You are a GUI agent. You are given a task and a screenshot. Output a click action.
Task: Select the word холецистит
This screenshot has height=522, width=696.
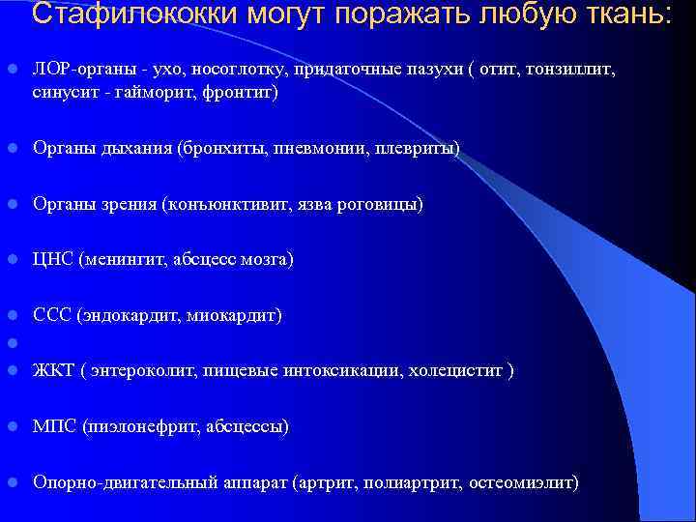465,370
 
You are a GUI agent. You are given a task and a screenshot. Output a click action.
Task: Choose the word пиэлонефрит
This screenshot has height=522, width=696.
140,426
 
